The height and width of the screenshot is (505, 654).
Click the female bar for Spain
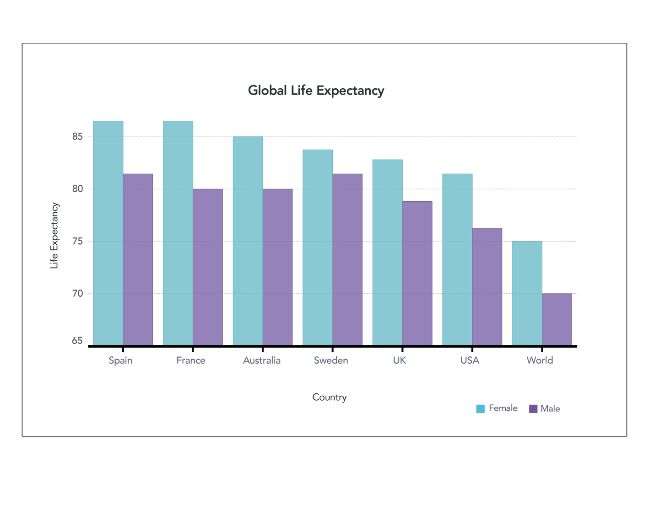(x=108, y=233)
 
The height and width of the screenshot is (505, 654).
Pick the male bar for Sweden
(x=347, y=259)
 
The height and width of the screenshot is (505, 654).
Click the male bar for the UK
(x=417, y=273)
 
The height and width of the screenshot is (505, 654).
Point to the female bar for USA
(x=457, y=259)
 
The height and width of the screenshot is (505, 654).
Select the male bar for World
(x=557, y=319)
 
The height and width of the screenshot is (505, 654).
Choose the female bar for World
(x=527, y=293)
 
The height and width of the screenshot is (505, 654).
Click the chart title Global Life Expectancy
(x=316, y=91)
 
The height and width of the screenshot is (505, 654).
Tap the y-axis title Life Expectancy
(x=54, y=236)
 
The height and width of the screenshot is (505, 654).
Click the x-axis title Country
(x=330, y=397)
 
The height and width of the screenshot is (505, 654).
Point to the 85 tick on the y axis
(x=78, y=137)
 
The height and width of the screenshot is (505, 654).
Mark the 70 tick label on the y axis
(x=78, y=293)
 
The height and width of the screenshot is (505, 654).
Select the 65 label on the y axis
(x=77, y=341)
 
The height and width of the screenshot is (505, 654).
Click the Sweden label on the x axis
(x=331, y=360)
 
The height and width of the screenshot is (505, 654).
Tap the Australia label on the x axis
(x=262, y=360)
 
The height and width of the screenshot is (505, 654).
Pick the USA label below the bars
(x=470, y=360)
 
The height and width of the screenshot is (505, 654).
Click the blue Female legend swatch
(x=481, y=408)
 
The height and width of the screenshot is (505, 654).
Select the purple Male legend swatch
(x=533, y=408)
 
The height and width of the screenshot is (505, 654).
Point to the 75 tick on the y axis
(x=78, y=241)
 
